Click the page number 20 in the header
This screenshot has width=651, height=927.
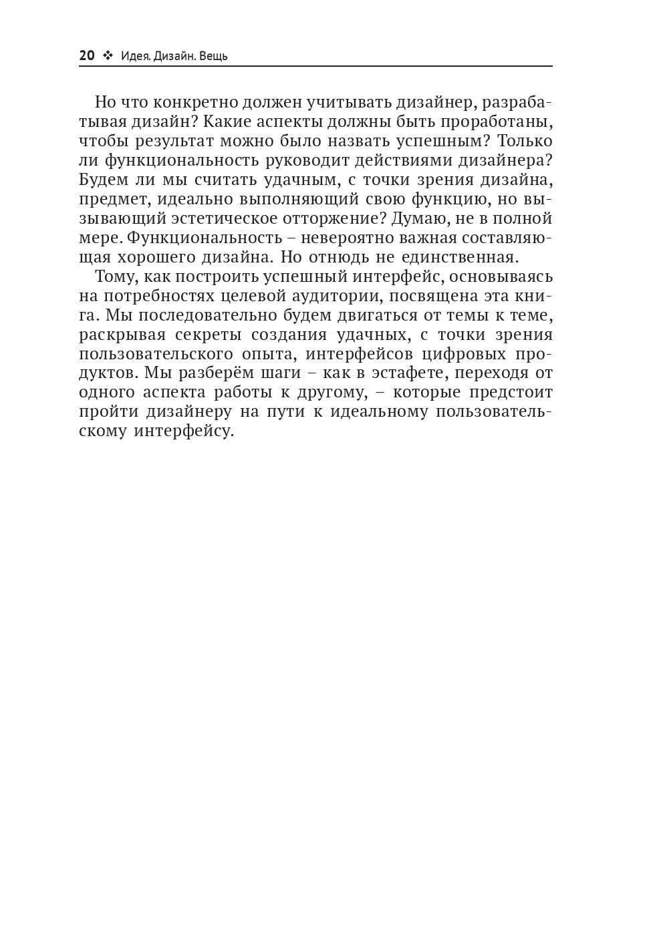click(x=87, y=55)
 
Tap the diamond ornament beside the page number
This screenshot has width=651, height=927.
click(x=108, y=56)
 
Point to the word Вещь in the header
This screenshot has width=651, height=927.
click(x=213, y=56)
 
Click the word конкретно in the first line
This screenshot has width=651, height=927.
click(x=188, y=102)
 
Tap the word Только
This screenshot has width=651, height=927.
click(x=526, y=141)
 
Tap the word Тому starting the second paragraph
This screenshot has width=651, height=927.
click(x=114, y=276)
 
